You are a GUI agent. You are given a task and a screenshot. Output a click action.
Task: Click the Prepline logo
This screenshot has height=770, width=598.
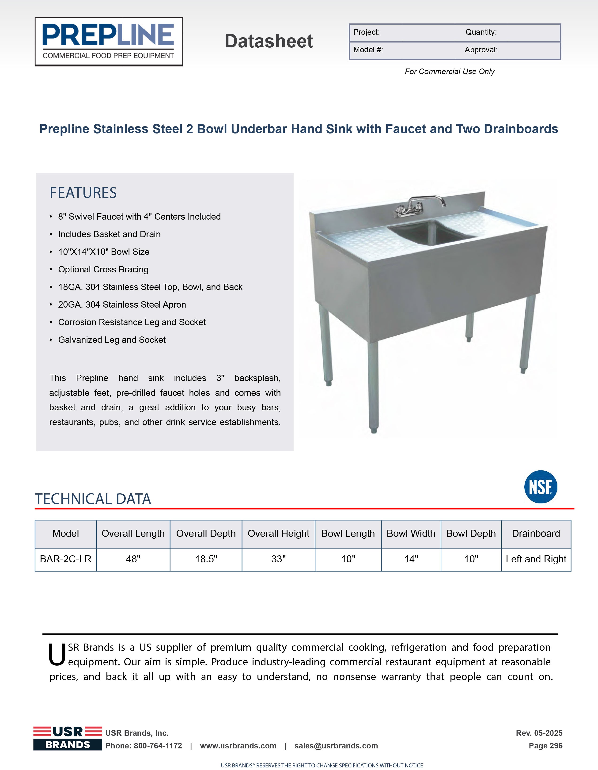(x=109, y=42)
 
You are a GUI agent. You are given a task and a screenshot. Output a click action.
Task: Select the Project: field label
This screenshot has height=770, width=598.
(x=367, y=32)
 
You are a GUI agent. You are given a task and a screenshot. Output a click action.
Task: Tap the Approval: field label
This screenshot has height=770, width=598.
(x=481, y=50)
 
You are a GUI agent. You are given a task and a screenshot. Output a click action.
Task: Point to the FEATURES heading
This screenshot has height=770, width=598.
(x=83, y=193)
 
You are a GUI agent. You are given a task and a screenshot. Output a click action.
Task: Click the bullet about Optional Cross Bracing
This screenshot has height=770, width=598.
(x=103, y=269)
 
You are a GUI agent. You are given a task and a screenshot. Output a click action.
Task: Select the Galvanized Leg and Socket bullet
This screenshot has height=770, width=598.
(x=112, y=340)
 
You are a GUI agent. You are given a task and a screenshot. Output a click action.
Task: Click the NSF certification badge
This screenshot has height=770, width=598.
(x=541, y=487)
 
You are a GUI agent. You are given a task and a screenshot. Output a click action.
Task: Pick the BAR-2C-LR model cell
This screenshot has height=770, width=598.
(x=65, y=559)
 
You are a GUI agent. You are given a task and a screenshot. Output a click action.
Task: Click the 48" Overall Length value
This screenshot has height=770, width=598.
(x=133, y=559)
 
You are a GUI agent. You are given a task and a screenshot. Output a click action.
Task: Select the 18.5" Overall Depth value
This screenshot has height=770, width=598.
(x=206, y=559)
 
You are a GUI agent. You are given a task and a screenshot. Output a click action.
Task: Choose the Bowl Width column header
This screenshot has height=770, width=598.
(x=411, y=534)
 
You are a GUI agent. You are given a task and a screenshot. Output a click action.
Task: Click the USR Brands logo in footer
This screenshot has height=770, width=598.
(x=68, y=738)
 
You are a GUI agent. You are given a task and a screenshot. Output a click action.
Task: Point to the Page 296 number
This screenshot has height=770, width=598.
(x=545, y=746)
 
